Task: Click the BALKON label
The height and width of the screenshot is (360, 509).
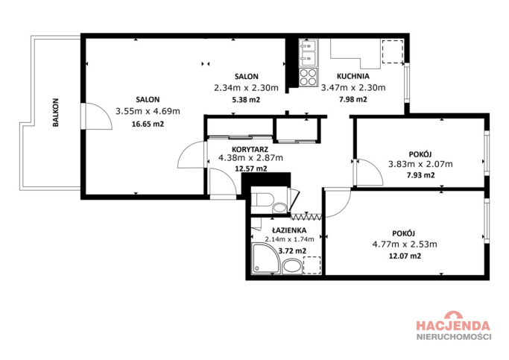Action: point(56,113)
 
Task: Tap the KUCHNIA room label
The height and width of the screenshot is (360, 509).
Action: point(352,76)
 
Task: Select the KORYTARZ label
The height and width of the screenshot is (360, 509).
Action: point(250,149)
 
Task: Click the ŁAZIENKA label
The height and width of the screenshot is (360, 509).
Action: point(289,230)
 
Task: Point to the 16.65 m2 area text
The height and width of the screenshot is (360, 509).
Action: point(148,124)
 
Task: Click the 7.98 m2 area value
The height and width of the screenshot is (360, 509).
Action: point(352,99)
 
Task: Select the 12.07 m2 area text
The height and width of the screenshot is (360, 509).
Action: point(405,256)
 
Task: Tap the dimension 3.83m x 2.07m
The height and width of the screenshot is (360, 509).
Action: point(420,164)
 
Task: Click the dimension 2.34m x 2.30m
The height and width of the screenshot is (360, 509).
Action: point(246,88)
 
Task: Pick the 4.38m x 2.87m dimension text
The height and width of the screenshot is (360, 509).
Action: point(250,158)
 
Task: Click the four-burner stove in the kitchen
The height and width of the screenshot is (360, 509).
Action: point(308,78)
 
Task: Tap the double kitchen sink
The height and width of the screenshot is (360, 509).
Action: point(308,53)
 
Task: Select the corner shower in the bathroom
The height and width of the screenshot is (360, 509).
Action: point(266,259)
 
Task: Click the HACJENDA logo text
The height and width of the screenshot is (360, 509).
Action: point(453,325)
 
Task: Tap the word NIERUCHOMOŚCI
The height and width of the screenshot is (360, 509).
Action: point(454,336)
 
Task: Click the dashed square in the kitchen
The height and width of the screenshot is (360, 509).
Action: point(393,51)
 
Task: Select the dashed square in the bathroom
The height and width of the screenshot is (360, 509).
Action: point(312,265)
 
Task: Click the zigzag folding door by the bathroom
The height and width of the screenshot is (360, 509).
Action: point(306,217)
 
